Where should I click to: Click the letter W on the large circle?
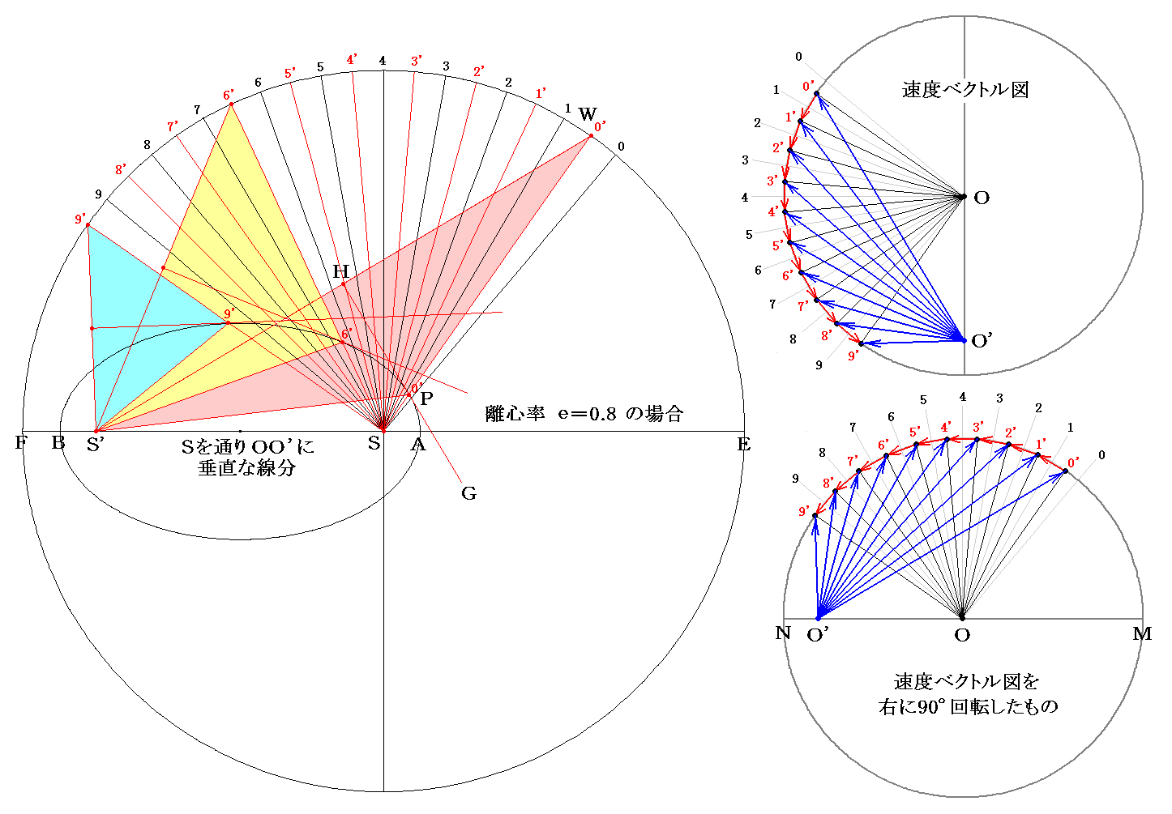587,114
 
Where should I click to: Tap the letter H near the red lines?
340,271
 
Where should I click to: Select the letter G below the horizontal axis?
468,493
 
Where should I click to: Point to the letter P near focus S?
426,398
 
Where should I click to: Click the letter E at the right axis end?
743,444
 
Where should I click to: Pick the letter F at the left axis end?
21,443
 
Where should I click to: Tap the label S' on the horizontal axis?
96,444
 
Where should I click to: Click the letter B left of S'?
58,443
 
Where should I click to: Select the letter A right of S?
418,444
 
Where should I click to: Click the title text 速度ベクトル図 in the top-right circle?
965,90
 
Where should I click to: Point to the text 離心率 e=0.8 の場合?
584,414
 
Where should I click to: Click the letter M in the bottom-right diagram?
1141,634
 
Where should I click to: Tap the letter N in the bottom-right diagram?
783,633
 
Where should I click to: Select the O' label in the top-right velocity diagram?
982,341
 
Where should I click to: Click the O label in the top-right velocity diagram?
982,198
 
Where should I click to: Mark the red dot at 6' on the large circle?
231,104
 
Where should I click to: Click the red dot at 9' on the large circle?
88,225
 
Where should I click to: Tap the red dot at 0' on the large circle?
591,136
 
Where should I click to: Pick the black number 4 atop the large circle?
383,62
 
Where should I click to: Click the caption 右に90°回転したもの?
968,706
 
